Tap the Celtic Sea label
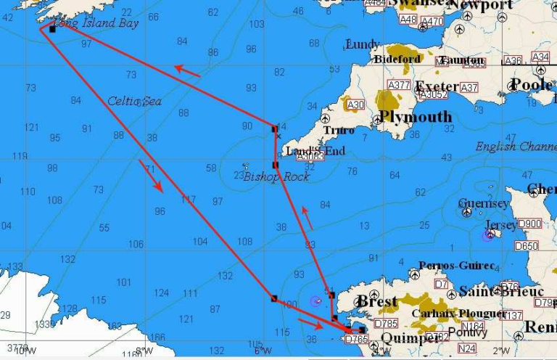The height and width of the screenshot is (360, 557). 134,101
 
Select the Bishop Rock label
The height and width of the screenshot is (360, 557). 276,176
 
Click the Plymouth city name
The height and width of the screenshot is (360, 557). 416,117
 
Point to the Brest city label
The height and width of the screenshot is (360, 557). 377,301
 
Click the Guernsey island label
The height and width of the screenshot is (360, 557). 484,204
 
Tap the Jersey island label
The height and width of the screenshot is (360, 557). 501,224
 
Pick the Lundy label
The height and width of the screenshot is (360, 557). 362,44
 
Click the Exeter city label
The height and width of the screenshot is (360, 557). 437,87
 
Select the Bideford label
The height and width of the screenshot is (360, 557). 397,59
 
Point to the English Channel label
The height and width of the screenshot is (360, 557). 516,147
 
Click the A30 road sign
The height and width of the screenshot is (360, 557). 355,105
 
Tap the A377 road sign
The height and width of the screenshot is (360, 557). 398,86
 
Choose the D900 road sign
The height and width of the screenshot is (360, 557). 530,224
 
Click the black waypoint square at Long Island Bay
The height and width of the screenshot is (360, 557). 52,30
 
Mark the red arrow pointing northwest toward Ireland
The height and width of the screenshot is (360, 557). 187,70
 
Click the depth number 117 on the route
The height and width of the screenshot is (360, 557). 188,200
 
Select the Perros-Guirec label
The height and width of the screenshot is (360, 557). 450,266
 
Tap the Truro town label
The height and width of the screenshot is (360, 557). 339,131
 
